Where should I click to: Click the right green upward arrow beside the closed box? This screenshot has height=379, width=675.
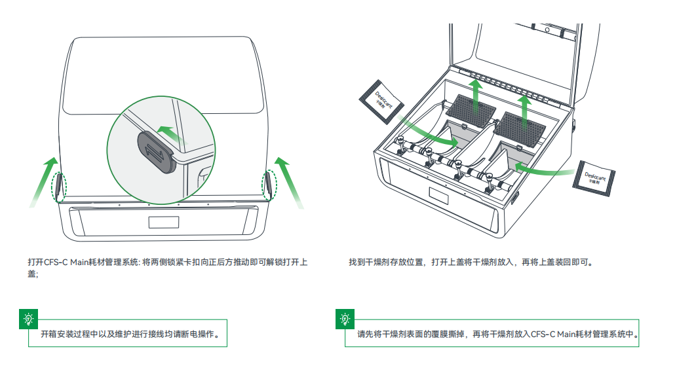(x=288, y=181)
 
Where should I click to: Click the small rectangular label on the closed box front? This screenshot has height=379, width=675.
(x=163, y=221)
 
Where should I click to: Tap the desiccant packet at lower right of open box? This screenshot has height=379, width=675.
(x=594, y=177)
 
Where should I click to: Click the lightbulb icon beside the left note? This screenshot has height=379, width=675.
(x=28, y=319)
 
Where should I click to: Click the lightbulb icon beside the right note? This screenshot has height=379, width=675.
(x=345, y=319)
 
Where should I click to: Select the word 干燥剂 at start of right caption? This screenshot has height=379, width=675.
(x=375, y=262)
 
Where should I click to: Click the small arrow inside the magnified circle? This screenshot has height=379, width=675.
(x=172, y=133)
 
